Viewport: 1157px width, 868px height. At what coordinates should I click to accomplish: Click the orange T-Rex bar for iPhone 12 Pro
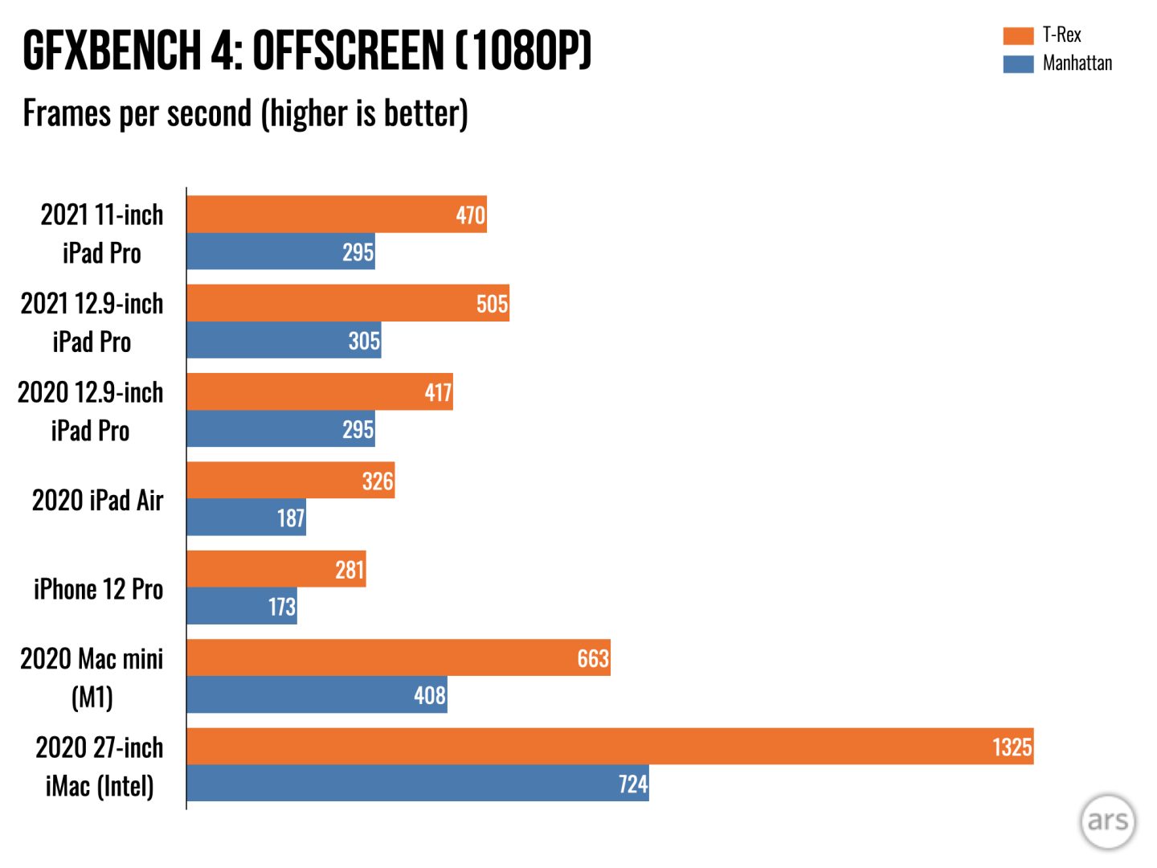pos(276,569)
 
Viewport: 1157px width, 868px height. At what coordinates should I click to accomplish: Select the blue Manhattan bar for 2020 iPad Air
pos(246,518)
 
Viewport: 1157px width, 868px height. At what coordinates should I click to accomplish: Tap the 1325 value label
pos(1012,747)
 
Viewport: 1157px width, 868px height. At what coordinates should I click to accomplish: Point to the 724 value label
pos(632,784)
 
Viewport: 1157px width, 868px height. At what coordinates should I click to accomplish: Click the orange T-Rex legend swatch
pos(1017,35)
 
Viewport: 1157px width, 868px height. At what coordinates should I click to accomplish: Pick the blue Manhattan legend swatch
pos(1017,63)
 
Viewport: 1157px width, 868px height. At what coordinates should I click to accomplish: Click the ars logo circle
pos(1107,821)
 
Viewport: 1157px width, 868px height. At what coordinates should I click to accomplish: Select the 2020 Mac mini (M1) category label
pos(92,678)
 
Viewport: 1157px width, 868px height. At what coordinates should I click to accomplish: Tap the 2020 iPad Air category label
pos(97,501)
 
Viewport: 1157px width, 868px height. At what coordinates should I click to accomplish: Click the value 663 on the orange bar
pos(593,659)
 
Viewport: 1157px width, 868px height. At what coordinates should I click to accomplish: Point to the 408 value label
pos(429,695)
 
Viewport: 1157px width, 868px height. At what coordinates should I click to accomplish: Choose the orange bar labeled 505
pos(347,303)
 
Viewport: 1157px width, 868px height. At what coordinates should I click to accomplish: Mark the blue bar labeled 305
pos(283,340)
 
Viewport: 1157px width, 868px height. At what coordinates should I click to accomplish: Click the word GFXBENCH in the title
pos(112,51)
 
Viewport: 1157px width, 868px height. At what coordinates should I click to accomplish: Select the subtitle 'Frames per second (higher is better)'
pos(245,113)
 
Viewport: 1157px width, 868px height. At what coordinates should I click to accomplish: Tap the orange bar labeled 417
pos(319,391)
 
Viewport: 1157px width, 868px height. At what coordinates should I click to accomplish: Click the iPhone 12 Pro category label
pos(98,589)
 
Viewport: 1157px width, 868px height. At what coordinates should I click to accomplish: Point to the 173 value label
pos(281,607)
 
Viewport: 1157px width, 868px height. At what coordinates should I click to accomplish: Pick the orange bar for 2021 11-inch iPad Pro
pos(336,215)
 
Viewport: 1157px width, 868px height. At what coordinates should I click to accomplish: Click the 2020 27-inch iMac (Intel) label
pos(99,766)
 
